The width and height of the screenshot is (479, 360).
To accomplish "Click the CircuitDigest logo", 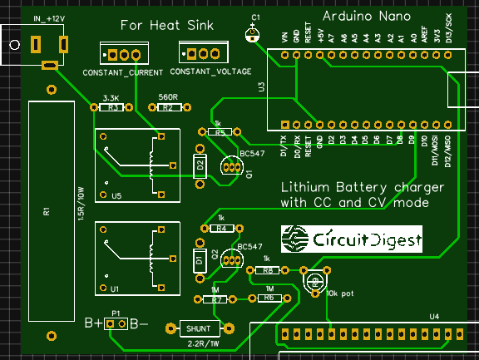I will click(351, 240).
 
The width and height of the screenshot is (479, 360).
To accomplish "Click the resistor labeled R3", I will click(115, 107).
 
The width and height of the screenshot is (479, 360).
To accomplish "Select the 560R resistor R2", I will click(167, 107).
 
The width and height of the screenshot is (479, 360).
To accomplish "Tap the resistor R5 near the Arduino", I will click(219, 132).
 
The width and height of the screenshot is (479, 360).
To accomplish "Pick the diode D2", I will click(200, 165).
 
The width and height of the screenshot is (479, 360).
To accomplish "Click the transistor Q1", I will click(230, 166).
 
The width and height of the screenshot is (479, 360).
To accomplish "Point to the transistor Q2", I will click(231, 260).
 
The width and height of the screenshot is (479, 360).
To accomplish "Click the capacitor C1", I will click(252, 33).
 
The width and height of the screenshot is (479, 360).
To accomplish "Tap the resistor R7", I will click(217, 298).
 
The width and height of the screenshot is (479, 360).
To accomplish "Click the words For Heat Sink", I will click(166, 25).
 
